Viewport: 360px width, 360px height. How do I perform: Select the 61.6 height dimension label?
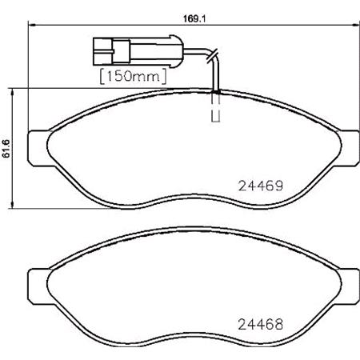(6, 149)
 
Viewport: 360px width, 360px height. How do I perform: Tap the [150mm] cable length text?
(133, 77)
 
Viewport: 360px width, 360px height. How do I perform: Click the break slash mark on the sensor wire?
(210, 55)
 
